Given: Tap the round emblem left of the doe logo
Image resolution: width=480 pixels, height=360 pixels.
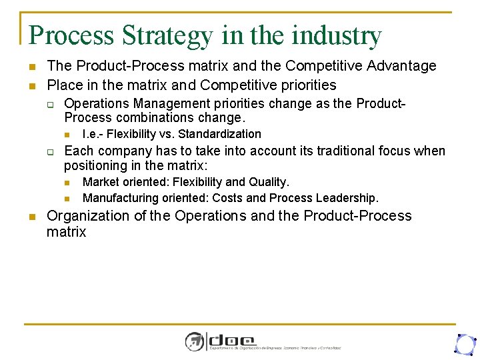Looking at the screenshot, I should (195, 341).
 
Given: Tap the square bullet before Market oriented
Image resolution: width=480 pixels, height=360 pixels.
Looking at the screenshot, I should (67, 183).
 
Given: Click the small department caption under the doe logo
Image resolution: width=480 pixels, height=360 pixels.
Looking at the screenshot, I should (275, 348).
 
